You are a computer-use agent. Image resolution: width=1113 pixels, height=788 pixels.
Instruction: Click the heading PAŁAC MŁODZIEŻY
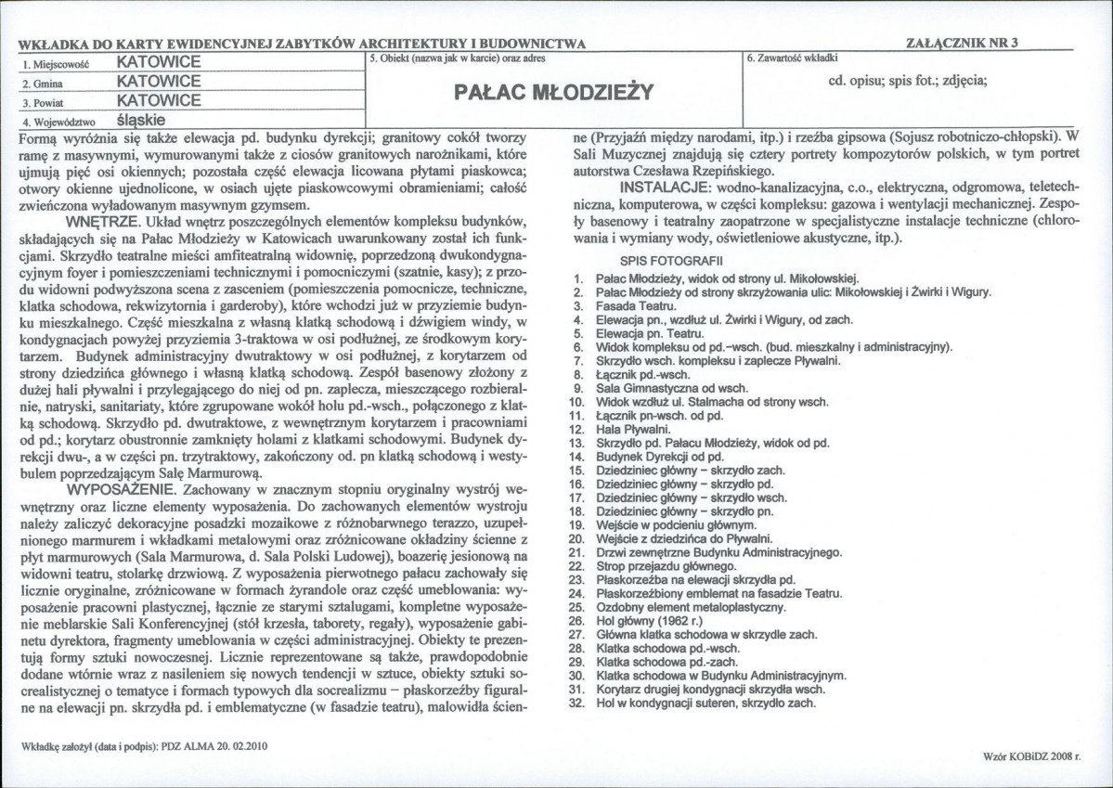(x=554, y=91)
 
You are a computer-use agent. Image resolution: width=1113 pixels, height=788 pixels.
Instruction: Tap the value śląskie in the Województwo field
(x=141, y=121)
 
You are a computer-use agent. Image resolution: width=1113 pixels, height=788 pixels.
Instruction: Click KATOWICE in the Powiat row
(x=159, y=100)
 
